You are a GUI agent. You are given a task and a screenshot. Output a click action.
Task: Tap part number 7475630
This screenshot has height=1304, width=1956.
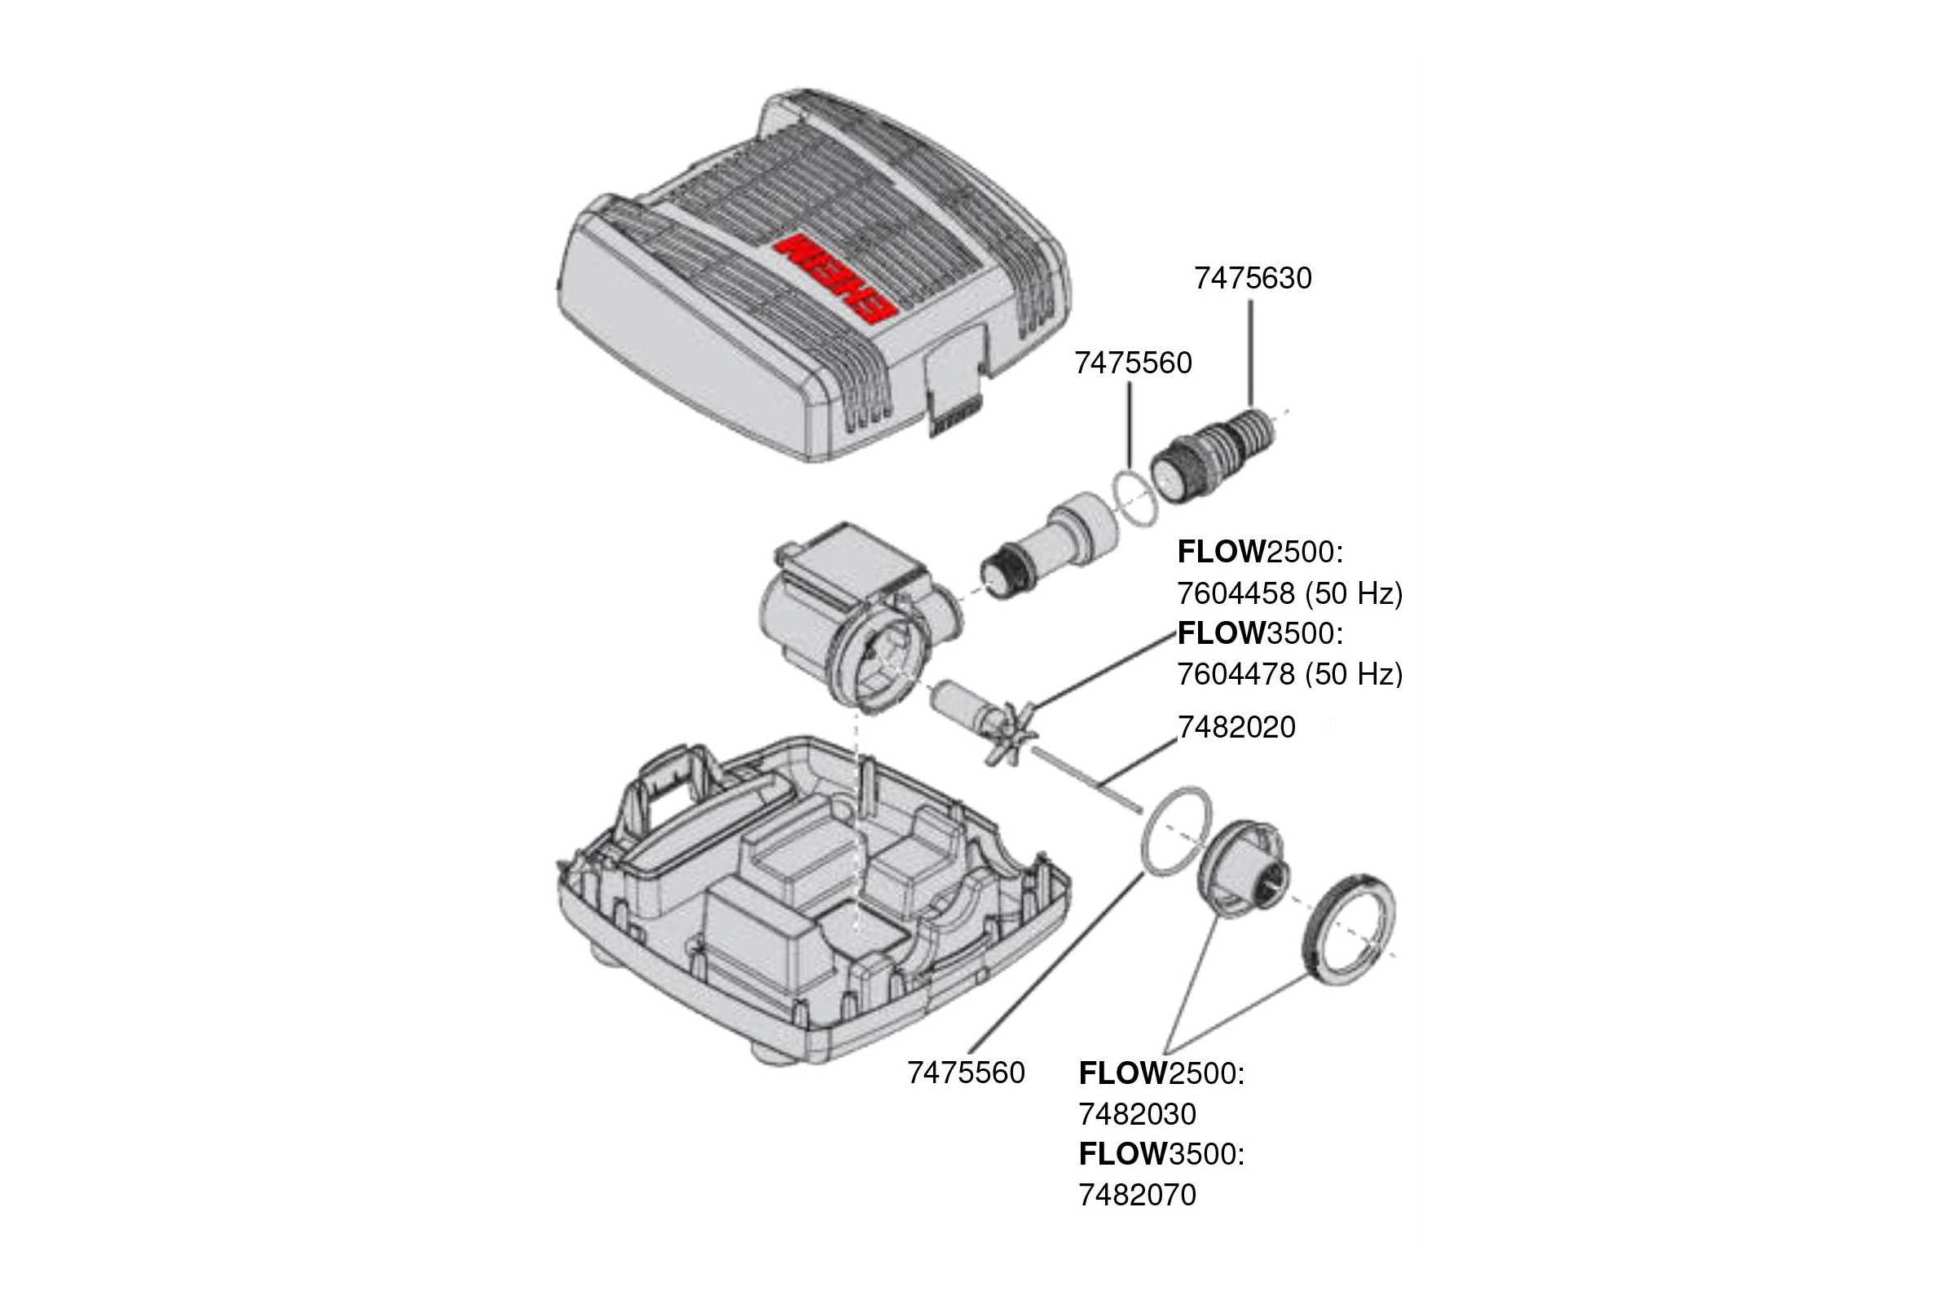[x=1253, y=278]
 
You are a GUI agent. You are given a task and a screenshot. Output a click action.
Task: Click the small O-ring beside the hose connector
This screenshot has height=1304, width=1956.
[x=1134, y=497]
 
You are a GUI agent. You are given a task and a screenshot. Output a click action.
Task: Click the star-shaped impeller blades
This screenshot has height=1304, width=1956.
[x=1009, y=733]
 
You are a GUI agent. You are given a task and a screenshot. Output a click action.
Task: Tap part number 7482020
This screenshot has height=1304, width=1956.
[x=1236, y=728]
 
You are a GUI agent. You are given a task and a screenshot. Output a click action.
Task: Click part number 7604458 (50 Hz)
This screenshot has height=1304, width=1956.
[x=1289, y=593]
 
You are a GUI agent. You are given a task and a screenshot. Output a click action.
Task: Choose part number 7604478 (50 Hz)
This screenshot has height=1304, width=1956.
[x=1289, y=674]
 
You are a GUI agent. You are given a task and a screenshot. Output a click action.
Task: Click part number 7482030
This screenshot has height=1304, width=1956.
[x=1137, y=1113]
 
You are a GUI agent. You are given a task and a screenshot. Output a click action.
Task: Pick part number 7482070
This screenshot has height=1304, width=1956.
[x=1137, y=1195]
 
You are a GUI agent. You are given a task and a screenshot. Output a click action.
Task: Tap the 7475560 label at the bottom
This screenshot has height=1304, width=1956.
[x=966, y=1073]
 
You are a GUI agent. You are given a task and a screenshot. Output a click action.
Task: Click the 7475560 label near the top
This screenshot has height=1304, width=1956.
[x=1133, y=363]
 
